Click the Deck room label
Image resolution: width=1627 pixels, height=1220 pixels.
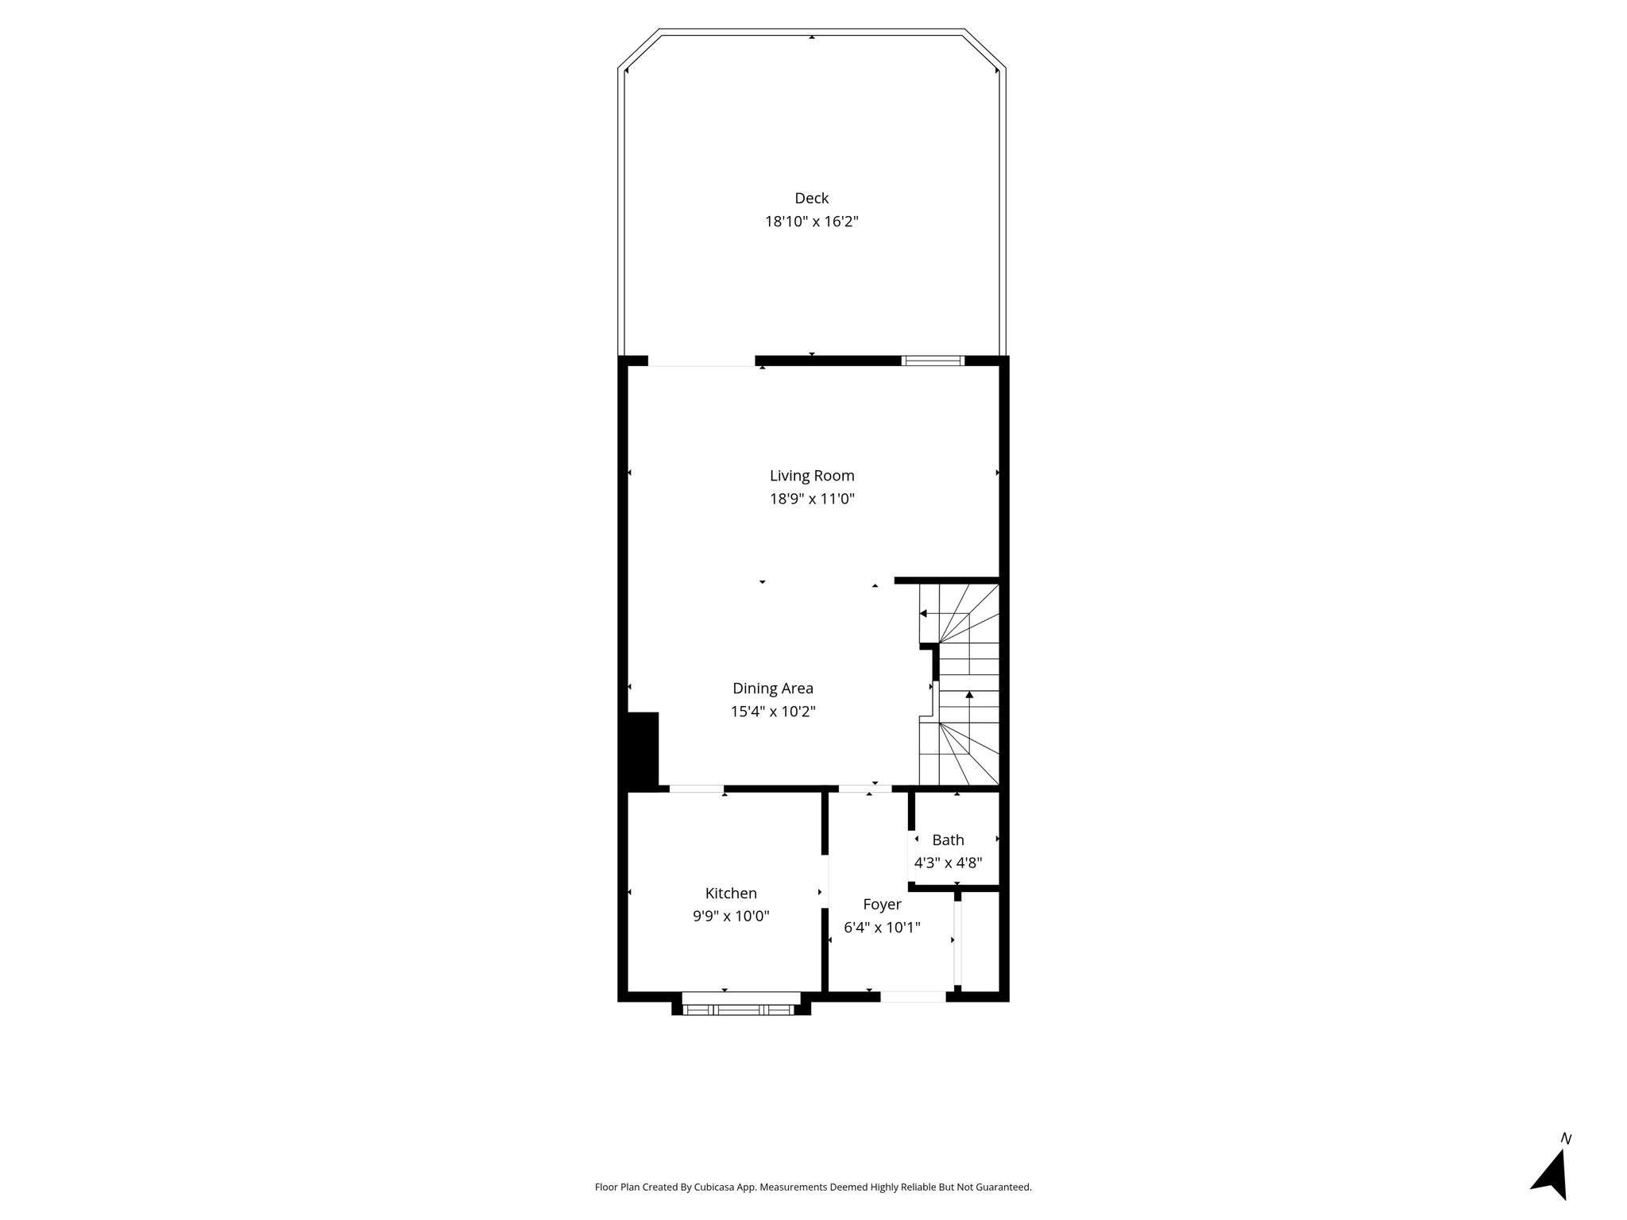[x=811, y=198]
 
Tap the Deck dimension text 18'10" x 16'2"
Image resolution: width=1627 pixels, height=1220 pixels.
[x=811, y=222]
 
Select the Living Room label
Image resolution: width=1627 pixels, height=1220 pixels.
[x=812, y=476]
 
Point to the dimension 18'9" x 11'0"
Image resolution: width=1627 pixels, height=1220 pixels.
[x=812, y=500]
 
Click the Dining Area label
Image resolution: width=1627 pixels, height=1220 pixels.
[x=773, y=689]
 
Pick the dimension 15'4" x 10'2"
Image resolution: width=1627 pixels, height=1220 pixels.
[x=773, y=712]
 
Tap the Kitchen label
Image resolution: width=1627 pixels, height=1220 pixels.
[x=731, y=894]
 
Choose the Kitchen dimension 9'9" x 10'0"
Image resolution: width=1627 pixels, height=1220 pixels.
[x=731, y=917]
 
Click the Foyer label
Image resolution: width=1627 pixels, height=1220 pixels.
[x=882, y=905]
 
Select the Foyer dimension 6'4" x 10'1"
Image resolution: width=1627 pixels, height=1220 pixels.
[x=882, y=927]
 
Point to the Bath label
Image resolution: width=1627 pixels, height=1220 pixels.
[x=948, y=840]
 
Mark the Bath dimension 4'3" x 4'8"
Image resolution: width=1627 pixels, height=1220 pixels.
[x=948, y=863]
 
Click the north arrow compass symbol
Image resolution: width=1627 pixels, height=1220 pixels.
[x=1551, y=1176]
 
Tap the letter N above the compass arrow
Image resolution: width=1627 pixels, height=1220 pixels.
[x=1566, y=1139]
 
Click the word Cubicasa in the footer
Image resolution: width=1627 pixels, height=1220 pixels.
[x=714, y=1187]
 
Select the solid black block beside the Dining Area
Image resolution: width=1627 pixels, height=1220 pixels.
[x=643, y=749]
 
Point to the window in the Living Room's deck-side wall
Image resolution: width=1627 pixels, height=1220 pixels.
[x=933, y=361]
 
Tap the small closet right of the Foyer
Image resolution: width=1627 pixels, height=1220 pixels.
[x=980, y=942]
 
